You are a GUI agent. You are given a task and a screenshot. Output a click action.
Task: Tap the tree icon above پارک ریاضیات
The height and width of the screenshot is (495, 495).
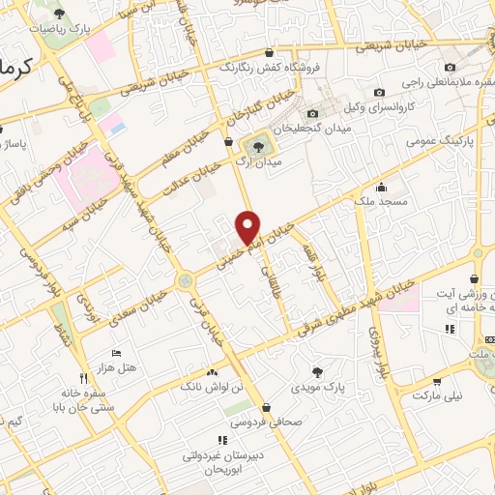(x=60, y=14)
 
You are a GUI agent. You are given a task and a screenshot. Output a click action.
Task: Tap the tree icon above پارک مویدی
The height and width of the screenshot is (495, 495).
(x=318, y=370)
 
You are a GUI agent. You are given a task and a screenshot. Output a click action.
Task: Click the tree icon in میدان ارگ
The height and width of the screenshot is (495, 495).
(x=257, y=146)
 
